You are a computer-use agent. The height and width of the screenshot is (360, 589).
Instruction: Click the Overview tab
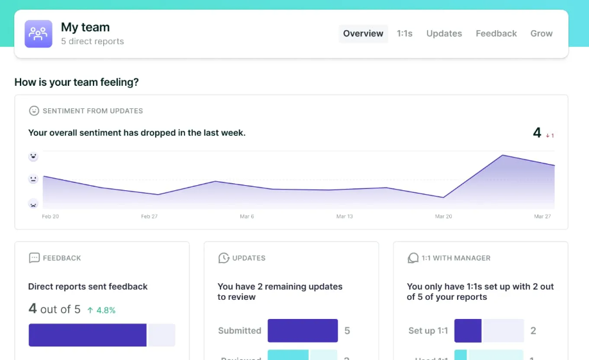click(x=363, y=34)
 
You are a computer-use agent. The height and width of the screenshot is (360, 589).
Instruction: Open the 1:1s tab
click(x=404, y=34)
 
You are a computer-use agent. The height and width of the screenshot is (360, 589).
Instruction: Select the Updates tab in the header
click(x=444, y=34)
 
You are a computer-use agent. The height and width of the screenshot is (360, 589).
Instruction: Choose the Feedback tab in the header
click(x=496, y=34)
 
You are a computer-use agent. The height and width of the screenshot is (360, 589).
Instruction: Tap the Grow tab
click(x=542, y=34)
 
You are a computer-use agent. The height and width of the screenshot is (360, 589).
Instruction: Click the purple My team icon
click(x=38, y=34)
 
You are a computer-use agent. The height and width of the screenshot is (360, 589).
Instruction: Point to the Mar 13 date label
click(x=345, y=217)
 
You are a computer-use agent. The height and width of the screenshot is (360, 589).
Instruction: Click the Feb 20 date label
click(x=51, y=217)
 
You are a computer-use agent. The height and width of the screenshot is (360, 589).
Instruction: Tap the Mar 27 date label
click(x=542, y=217)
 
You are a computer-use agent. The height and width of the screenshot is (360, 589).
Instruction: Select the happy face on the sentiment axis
click(x=33, y=156)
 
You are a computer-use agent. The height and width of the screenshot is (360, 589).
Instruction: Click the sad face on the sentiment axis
click(x=33, y=204)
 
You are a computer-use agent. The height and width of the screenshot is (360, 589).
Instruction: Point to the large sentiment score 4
click(x=537, y=133)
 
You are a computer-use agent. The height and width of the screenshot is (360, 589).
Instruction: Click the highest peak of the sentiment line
click(x=503, y=155)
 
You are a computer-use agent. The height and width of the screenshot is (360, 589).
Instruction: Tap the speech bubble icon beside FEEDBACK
click(x=34, y=258)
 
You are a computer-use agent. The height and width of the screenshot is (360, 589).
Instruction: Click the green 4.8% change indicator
click(x=101, y=310)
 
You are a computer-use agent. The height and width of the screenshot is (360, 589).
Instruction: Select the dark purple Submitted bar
click(x=303, y=331)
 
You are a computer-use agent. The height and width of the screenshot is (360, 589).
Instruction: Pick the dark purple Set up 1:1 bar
click(x=468, y=331)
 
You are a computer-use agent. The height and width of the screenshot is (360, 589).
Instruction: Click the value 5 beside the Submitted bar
click(x=347, y=331)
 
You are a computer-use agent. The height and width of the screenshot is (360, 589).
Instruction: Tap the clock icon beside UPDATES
click(x=224, y=258)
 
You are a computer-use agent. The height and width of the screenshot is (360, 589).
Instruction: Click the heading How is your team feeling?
click(x=77, y=83)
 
